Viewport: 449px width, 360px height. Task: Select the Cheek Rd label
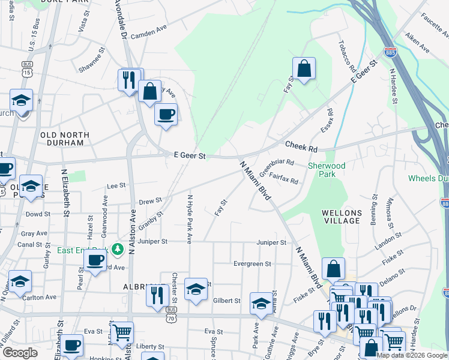pyautogui.click(x=301, y=146)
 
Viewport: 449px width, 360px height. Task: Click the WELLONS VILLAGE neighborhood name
pyautogui.click(x=341, y=217)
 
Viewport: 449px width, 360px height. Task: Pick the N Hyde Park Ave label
pyautogui.click(x=189, y=219)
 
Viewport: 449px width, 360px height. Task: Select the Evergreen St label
pyautogui.click(x=252, y=263)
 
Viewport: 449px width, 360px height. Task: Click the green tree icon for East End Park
pyautogui.click(x=118, y=248)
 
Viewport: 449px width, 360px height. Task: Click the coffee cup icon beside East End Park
pyautogui.click(x=95, y=260)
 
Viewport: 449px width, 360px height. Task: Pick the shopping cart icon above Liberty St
pyautogui.click(x=122, y=331)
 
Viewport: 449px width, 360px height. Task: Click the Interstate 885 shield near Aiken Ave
pyautogui.click(x=391, y=53)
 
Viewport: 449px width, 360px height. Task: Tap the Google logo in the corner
pyautogui.click(x=20, y=353)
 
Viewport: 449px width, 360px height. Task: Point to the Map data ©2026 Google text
pyautogui.click(x=411, y=355)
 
